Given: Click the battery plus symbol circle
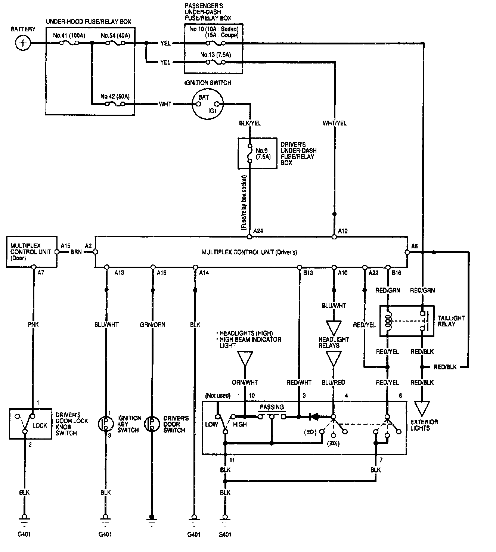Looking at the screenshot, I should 23,43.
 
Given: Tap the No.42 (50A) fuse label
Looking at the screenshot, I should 115,96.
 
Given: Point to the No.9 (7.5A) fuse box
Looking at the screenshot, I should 257,153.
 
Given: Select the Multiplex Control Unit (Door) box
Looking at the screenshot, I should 32,252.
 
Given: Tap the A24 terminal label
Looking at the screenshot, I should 258,231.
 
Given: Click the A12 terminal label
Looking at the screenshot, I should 342,231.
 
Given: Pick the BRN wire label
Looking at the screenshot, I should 76,252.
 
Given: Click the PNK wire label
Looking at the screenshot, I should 33,325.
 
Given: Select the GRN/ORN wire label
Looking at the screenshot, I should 152,325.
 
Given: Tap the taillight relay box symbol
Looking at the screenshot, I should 407,321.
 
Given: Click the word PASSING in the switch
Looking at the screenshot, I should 272,407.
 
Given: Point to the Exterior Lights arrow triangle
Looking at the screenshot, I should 422,409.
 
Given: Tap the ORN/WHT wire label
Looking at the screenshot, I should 245,382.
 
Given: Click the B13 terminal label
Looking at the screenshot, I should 308,273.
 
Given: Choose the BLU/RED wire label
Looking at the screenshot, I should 333,382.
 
